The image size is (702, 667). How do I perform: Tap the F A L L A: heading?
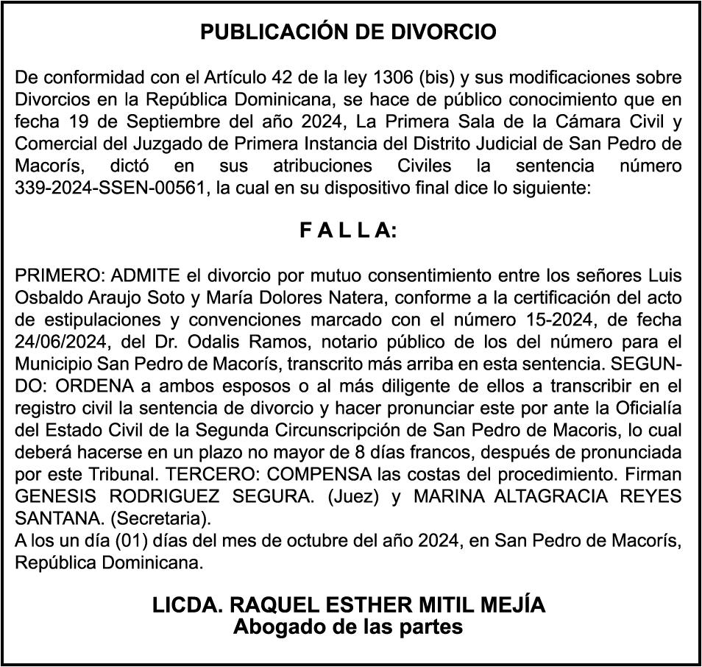pos(348,231)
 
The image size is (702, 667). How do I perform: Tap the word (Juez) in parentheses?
pos(352,497)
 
